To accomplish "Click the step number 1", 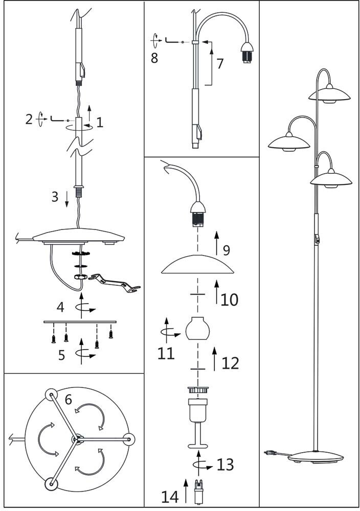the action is click(x=100, y=122).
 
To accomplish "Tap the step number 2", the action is click(x=29, y=120).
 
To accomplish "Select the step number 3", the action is click(x=55, y=197).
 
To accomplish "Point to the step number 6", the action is click(x=68, y=400).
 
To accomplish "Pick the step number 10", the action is click(x=230, y=299).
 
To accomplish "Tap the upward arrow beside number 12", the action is click(x=214, y=358).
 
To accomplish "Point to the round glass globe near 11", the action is click(x=198, y=329).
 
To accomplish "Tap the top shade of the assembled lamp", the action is click(x=329, y=95).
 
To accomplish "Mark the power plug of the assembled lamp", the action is click(x=269, y=453).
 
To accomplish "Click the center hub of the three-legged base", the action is click(x=76, y=438).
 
